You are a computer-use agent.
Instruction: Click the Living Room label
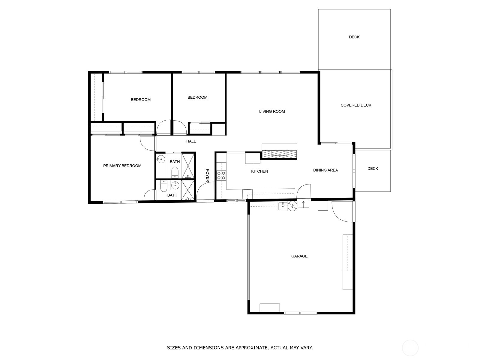point(272,111)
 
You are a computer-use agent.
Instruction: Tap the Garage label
point(299,256)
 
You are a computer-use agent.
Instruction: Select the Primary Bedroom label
point(122,166)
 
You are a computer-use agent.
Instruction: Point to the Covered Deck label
point(356,105)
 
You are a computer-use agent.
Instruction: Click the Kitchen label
point(259,171)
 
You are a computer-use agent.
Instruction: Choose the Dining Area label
point(325,170)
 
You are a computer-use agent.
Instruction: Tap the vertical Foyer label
point(207,175)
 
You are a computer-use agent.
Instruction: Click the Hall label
point(191,141)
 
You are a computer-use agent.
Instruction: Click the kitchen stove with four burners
point(221,175)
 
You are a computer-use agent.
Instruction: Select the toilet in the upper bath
point(175,172)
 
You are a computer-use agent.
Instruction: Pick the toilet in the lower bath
point(163,187)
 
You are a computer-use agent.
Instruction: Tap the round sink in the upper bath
point(161,159)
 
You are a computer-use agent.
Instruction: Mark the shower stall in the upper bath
point(188,166)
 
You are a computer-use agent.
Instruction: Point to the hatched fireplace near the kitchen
point(279,153)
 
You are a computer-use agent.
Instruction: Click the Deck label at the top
point(354,37)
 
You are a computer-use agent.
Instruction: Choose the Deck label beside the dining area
point(373,169)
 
